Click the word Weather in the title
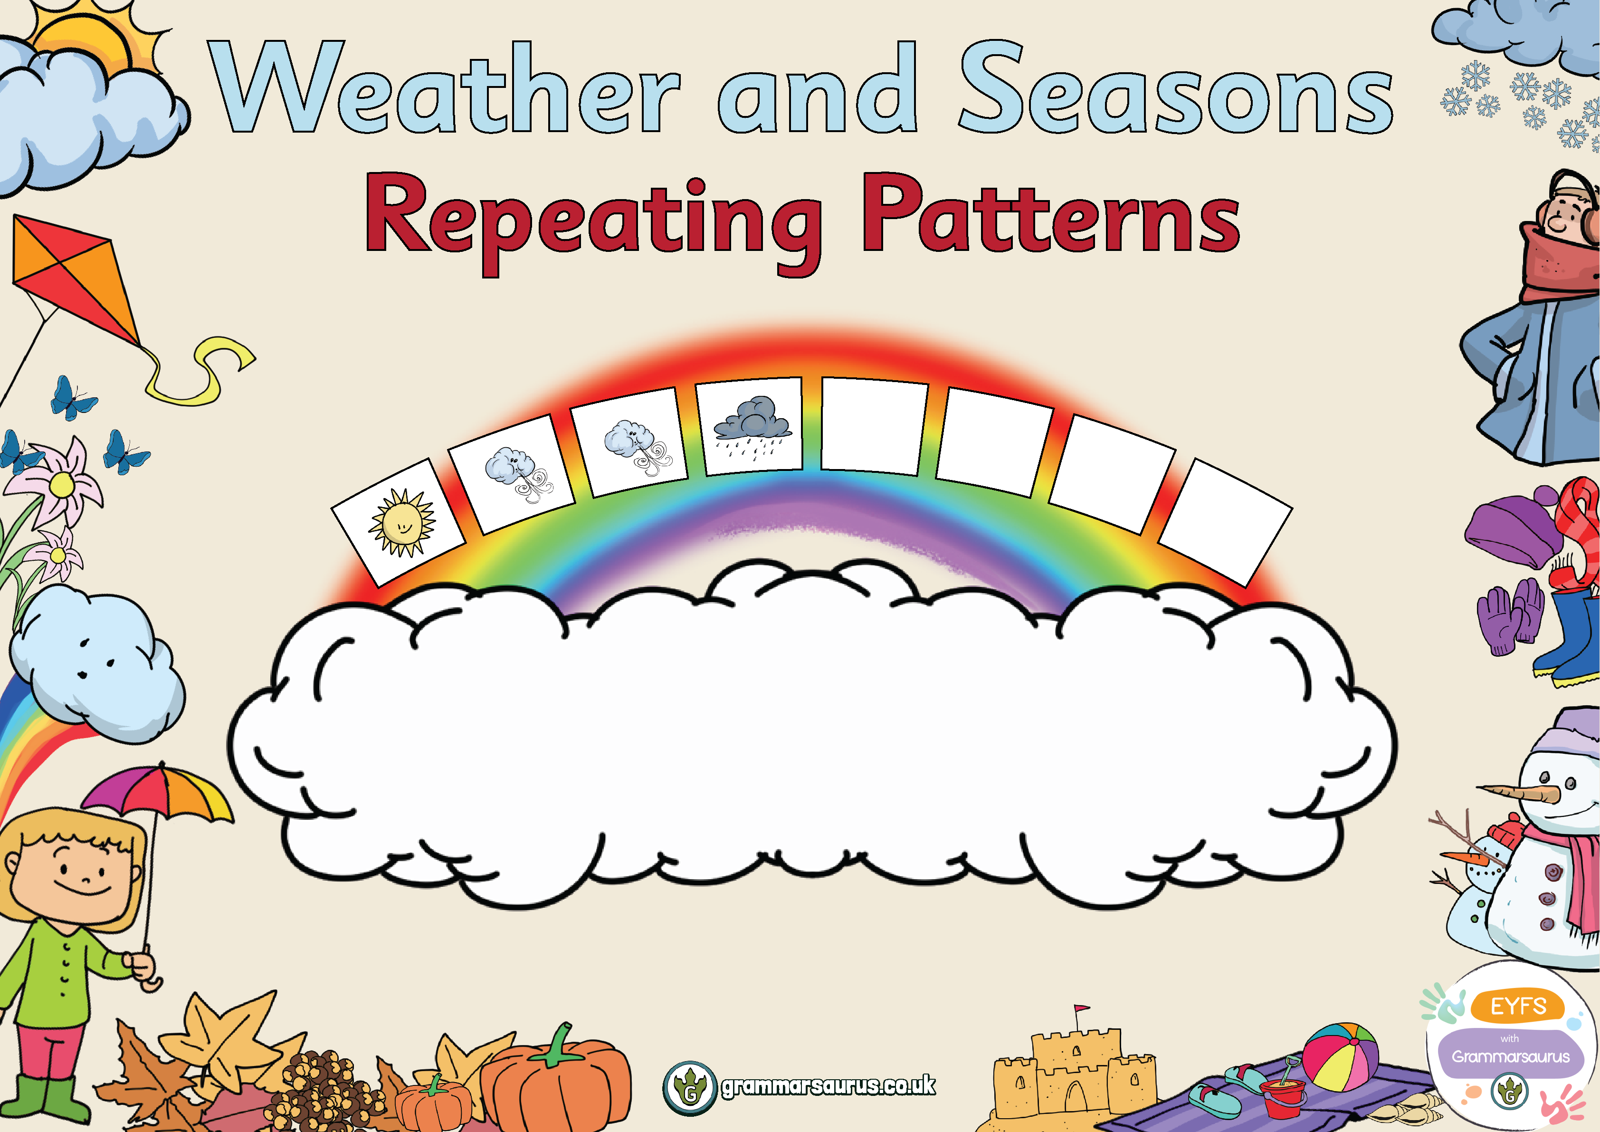click(446, 87)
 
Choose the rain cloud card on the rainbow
click(752, 426)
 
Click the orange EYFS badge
click(1518, 1007)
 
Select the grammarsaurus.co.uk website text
click(828, 1086)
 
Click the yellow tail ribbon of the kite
click(202, 369)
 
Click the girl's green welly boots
click(45, 1101)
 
